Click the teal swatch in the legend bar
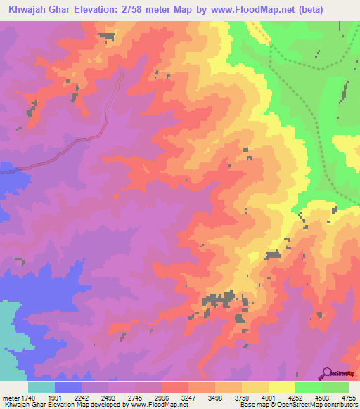pos(41,387)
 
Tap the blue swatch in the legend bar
pos(68,387)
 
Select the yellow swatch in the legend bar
pos(281,387)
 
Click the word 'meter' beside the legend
pos(11,397)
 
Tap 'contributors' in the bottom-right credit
pos(340,405)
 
